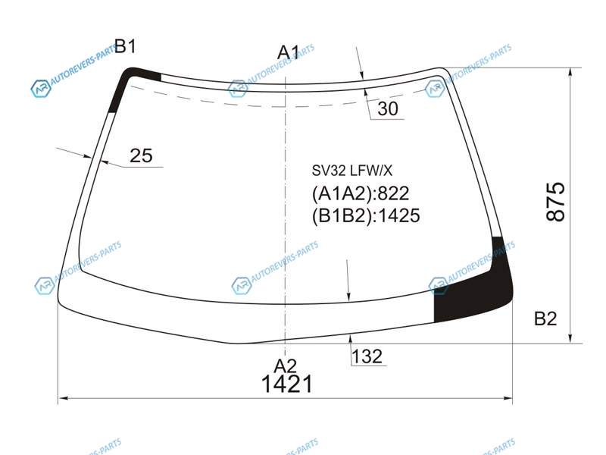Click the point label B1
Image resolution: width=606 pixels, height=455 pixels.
point(125,46)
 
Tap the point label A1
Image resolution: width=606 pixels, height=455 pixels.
point(289,52)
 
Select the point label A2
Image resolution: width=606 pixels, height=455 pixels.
point(286,366)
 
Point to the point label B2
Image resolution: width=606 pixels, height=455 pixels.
point(545,318)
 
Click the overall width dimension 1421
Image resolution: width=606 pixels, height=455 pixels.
point(287,384)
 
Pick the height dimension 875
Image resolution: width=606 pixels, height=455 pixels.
point(556,202)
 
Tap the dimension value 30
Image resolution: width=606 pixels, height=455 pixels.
point(388,108)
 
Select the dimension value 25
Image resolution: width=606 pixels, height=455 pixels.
point(141,155)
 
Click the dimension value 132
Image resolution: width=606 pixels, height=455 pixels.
point(367,356)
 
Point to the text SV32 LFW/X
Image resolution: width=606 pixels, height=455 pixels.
point(352,170)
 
